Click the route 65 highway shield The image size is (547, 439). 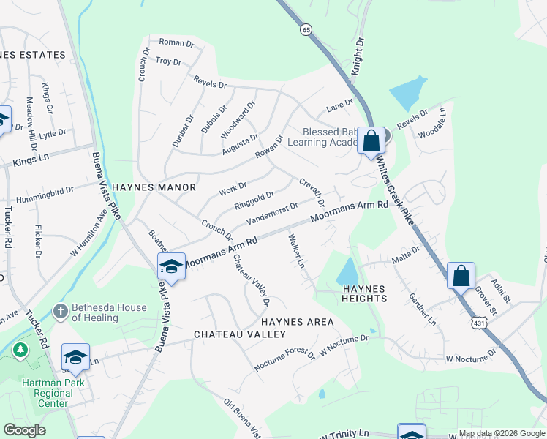305,30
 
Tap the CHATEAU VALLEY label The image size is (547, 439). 240,334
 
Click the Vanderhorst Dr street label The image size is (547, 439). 272,214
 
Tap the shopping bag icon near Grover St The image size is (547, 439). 461,276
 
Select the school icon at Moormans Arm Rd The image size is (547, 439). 171,266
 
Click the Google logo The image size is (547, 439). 24,430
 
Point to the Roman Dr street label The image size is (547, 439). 176,43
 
